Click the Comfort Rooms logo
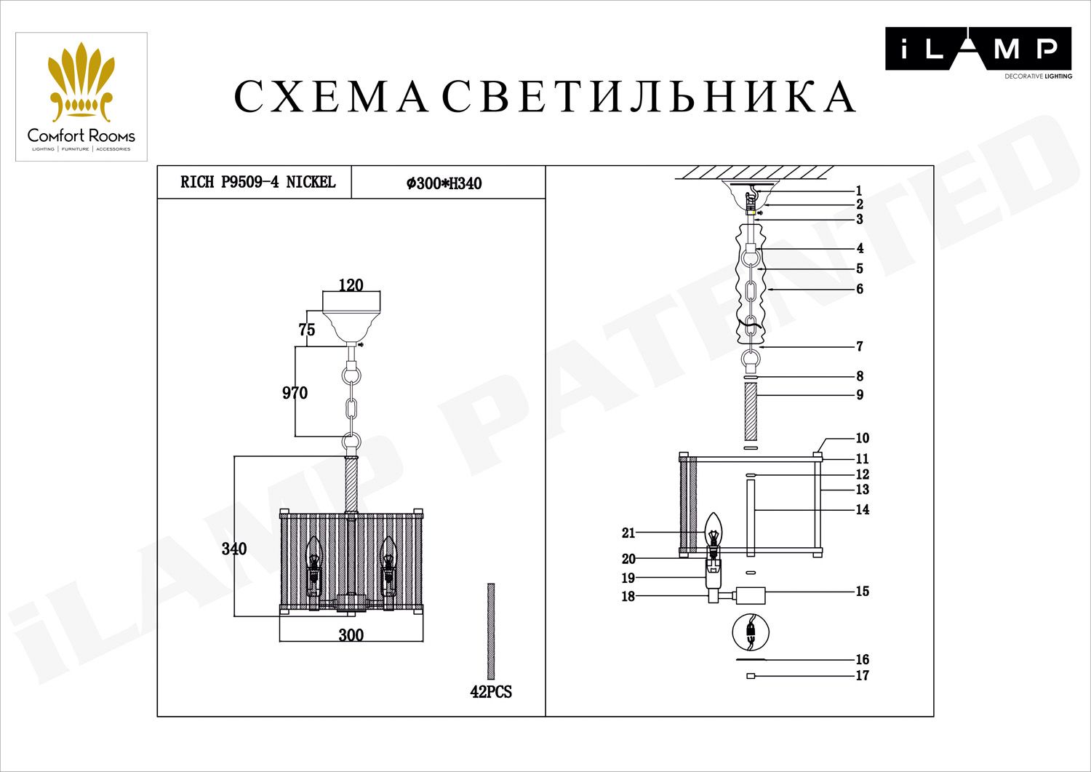coord(81,97)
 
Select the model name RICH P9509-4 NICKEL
coord(257,182)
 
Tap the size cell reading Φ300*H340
coord(444,183)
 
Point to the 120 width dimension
coord(351,284)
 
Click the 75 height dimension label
coord(307,330)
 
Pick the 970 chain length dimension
coord(295,393)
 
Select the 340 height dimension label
coord(234,549)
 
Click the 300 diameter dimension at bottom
coord(351,635)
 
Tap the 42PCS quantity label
coord(491,692)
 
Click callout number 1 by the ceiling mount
coord(858,191)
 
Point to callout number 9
coord(860,395)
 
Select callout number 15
coord(862,592)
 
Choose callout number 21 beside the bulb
coord(628,533)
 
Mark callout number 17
coord(862,676)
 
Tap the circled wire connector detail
coord(751,632)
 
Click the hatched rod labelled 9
coord(751,412)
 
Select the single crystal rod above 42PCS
coord(491,631)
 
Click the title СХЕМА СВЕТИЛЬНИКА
coord(545,97)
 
